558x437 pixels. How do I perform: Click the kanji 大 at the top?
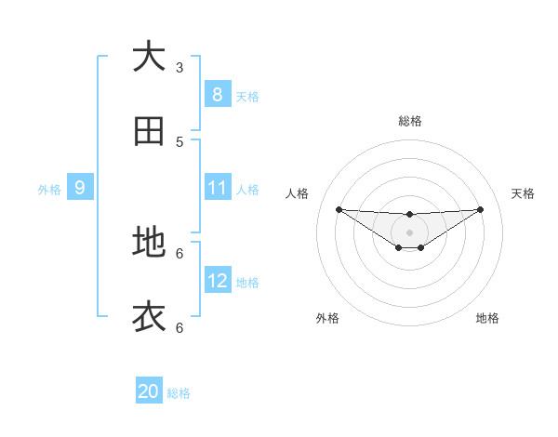tap(149, 57)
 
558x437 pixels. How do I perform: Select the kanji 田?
tap(149, 132)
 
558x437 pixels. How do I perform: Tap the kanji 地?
tap(149, 242)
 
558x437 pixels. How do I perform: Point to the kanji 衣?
tap(149, 317)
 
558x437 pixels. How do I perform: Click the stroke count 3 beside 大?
tap(179, 67)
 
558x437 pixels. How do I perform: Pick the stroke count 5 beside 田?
tap(179, 142)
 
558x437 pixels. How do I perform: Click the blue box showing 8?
tap(217, 94)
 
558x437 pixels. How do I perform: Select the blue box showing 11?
tap(217, 188)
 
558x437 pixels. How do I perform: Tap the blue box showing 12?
tap(217, 281)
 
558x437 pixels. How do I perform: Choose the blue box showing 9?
tap(80, 188)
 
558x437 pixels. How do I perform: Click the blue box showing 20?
tap(148, 391)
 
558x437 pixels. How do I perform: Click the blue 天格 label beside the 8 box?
tap(247, 96)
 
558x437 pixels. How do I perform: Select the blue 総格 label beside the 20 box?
tap(179, 393)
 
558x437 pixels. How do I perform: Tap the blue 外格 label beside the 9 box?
tap(49, 190)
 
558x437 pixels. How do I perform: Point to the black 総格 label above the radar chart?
tap(409, 121)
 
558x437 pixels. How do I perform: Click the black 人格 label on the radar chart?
tap(298, 193)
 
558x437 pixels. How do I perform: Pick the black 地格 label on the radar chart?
tap(487, 318)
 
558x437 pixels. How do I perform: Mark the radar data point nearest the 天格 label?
tap(480, 209)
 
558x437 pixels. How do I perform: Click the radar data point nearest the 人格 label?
tap(339, 209)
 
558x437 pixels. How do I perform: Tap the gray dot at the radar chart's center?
tap(409, 232)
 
